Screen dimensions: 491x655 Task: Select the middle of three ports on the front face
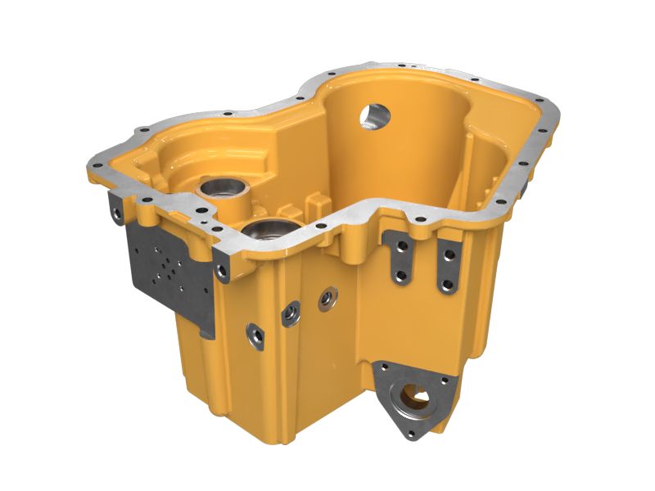click(289, 312)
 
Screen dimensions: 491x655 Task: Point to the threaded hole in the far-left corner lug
click(116, 214)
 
